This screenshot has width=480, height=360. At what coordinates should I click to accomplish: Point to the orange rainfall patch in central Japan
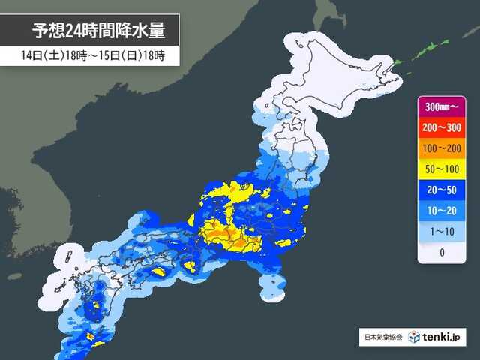[x=225, y=236]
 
